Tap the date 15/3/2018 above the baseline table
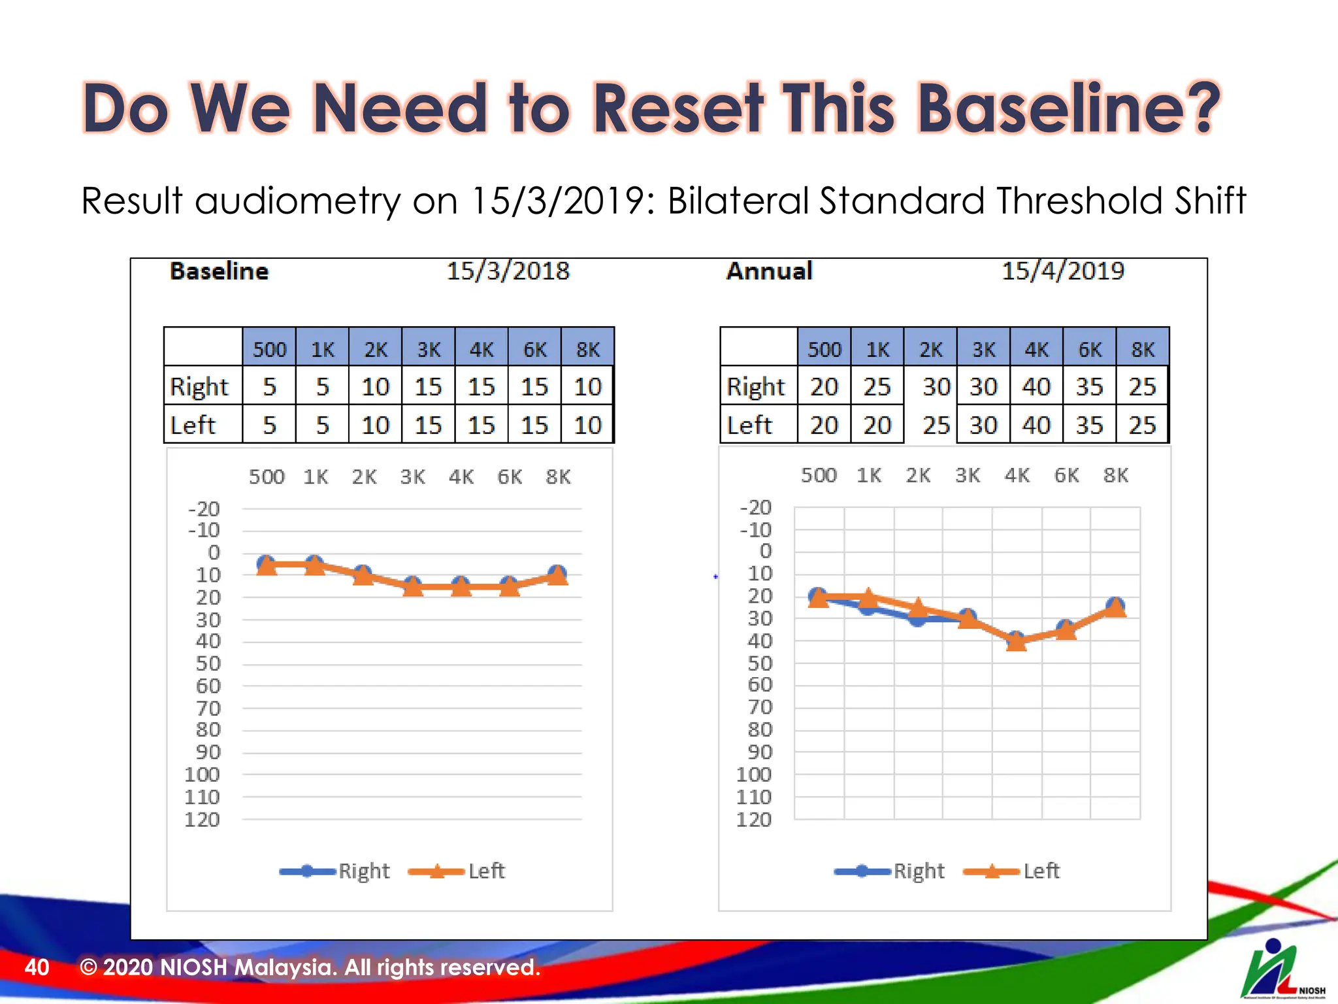pyautogui.click(x=508, y=271)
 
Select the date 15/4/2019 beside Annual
pyautogui.click(x=1063, y=271)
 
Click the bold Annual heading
pyautogui.click(x=769, y=271)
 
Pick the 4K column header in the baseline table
pyautogui.click(x=481, y=349)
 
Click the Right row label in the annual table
pyautogui.click(x=756, y=387)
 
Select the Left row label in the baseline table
pyautogui.click(x=193, y=426)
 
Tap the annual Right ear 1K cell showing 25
pyautogui.click(x=877, y=387)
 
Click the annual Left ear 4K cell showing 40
pyautogui.click(x=1036, y=426)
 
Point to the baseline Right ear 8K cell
pyautogui.click(x=587, y=387)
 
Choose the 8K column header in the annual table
pyautogui.click(x=1143, y=349)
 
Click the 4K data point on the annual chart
pyautogui.click(x=1016, y=641)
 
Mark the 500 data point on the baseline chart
pyautogui.click(x=266, y=565)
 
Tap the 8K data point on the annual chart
pyautogui.click(x=1115, y=607)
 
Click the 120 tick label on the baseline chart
pyautogui.click(x=202, y=820)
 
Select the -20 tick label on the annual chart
pyautogui.click(x=756, y=507)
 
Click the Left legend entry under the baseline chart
pyautogui.click(x=486, y=871)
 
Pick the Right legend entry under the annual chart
pyautogui.click(x=918, y=871)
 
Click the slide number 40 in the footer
pyautogui.click(x=37, y=967)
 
